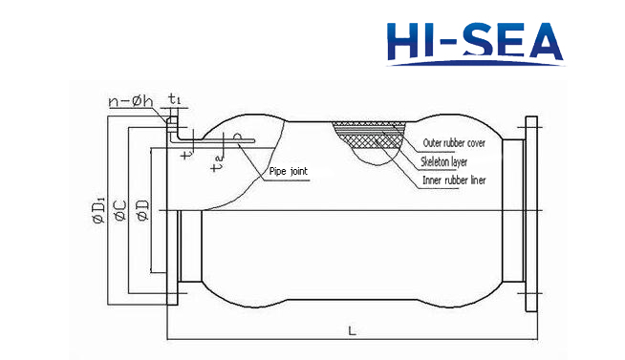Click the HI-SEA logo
pos(475,43)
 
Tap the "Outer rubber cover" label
pos(454,143)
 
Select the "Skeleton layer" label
pos(444,162)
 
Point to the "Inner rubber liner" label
pos(454,180)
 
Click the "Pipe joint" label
pos(289,171)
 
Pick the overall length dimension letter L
pos(352,330)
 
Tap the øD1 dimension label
pos(98,209)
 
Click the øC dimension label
pos(120,211)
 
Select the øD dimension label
pos(142,210)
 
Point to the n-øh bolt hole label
pos(130,101)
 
